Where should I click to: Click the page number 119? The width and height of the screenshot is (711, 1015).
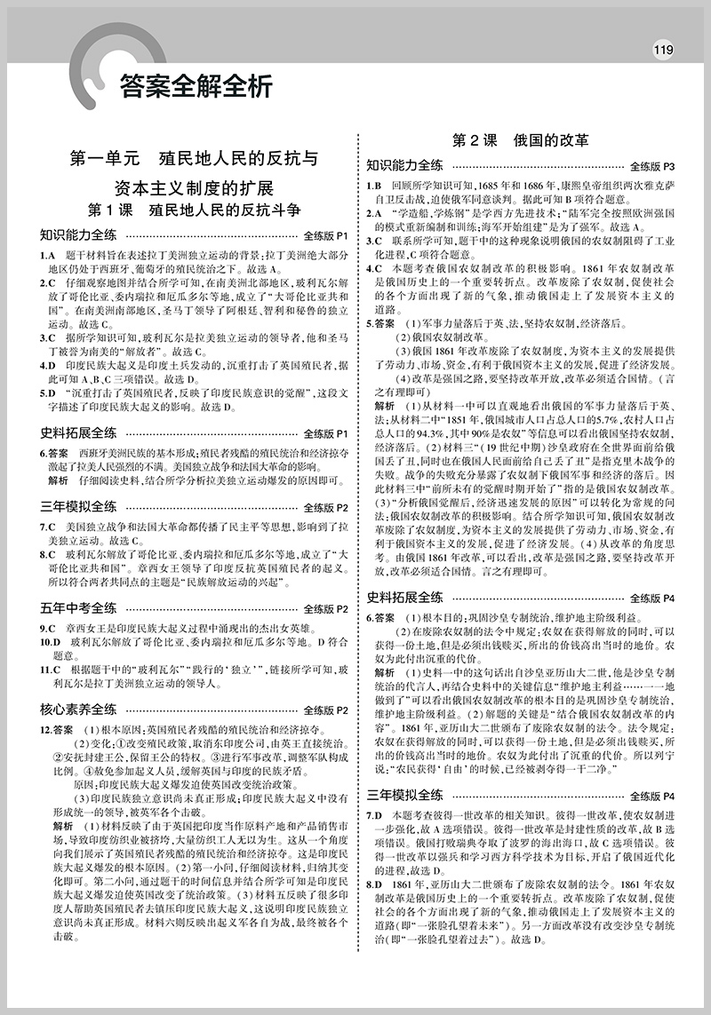[x=663, y=49]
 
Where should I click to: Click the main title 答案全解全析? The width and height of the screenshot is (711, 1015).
[x=192, y=86]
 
